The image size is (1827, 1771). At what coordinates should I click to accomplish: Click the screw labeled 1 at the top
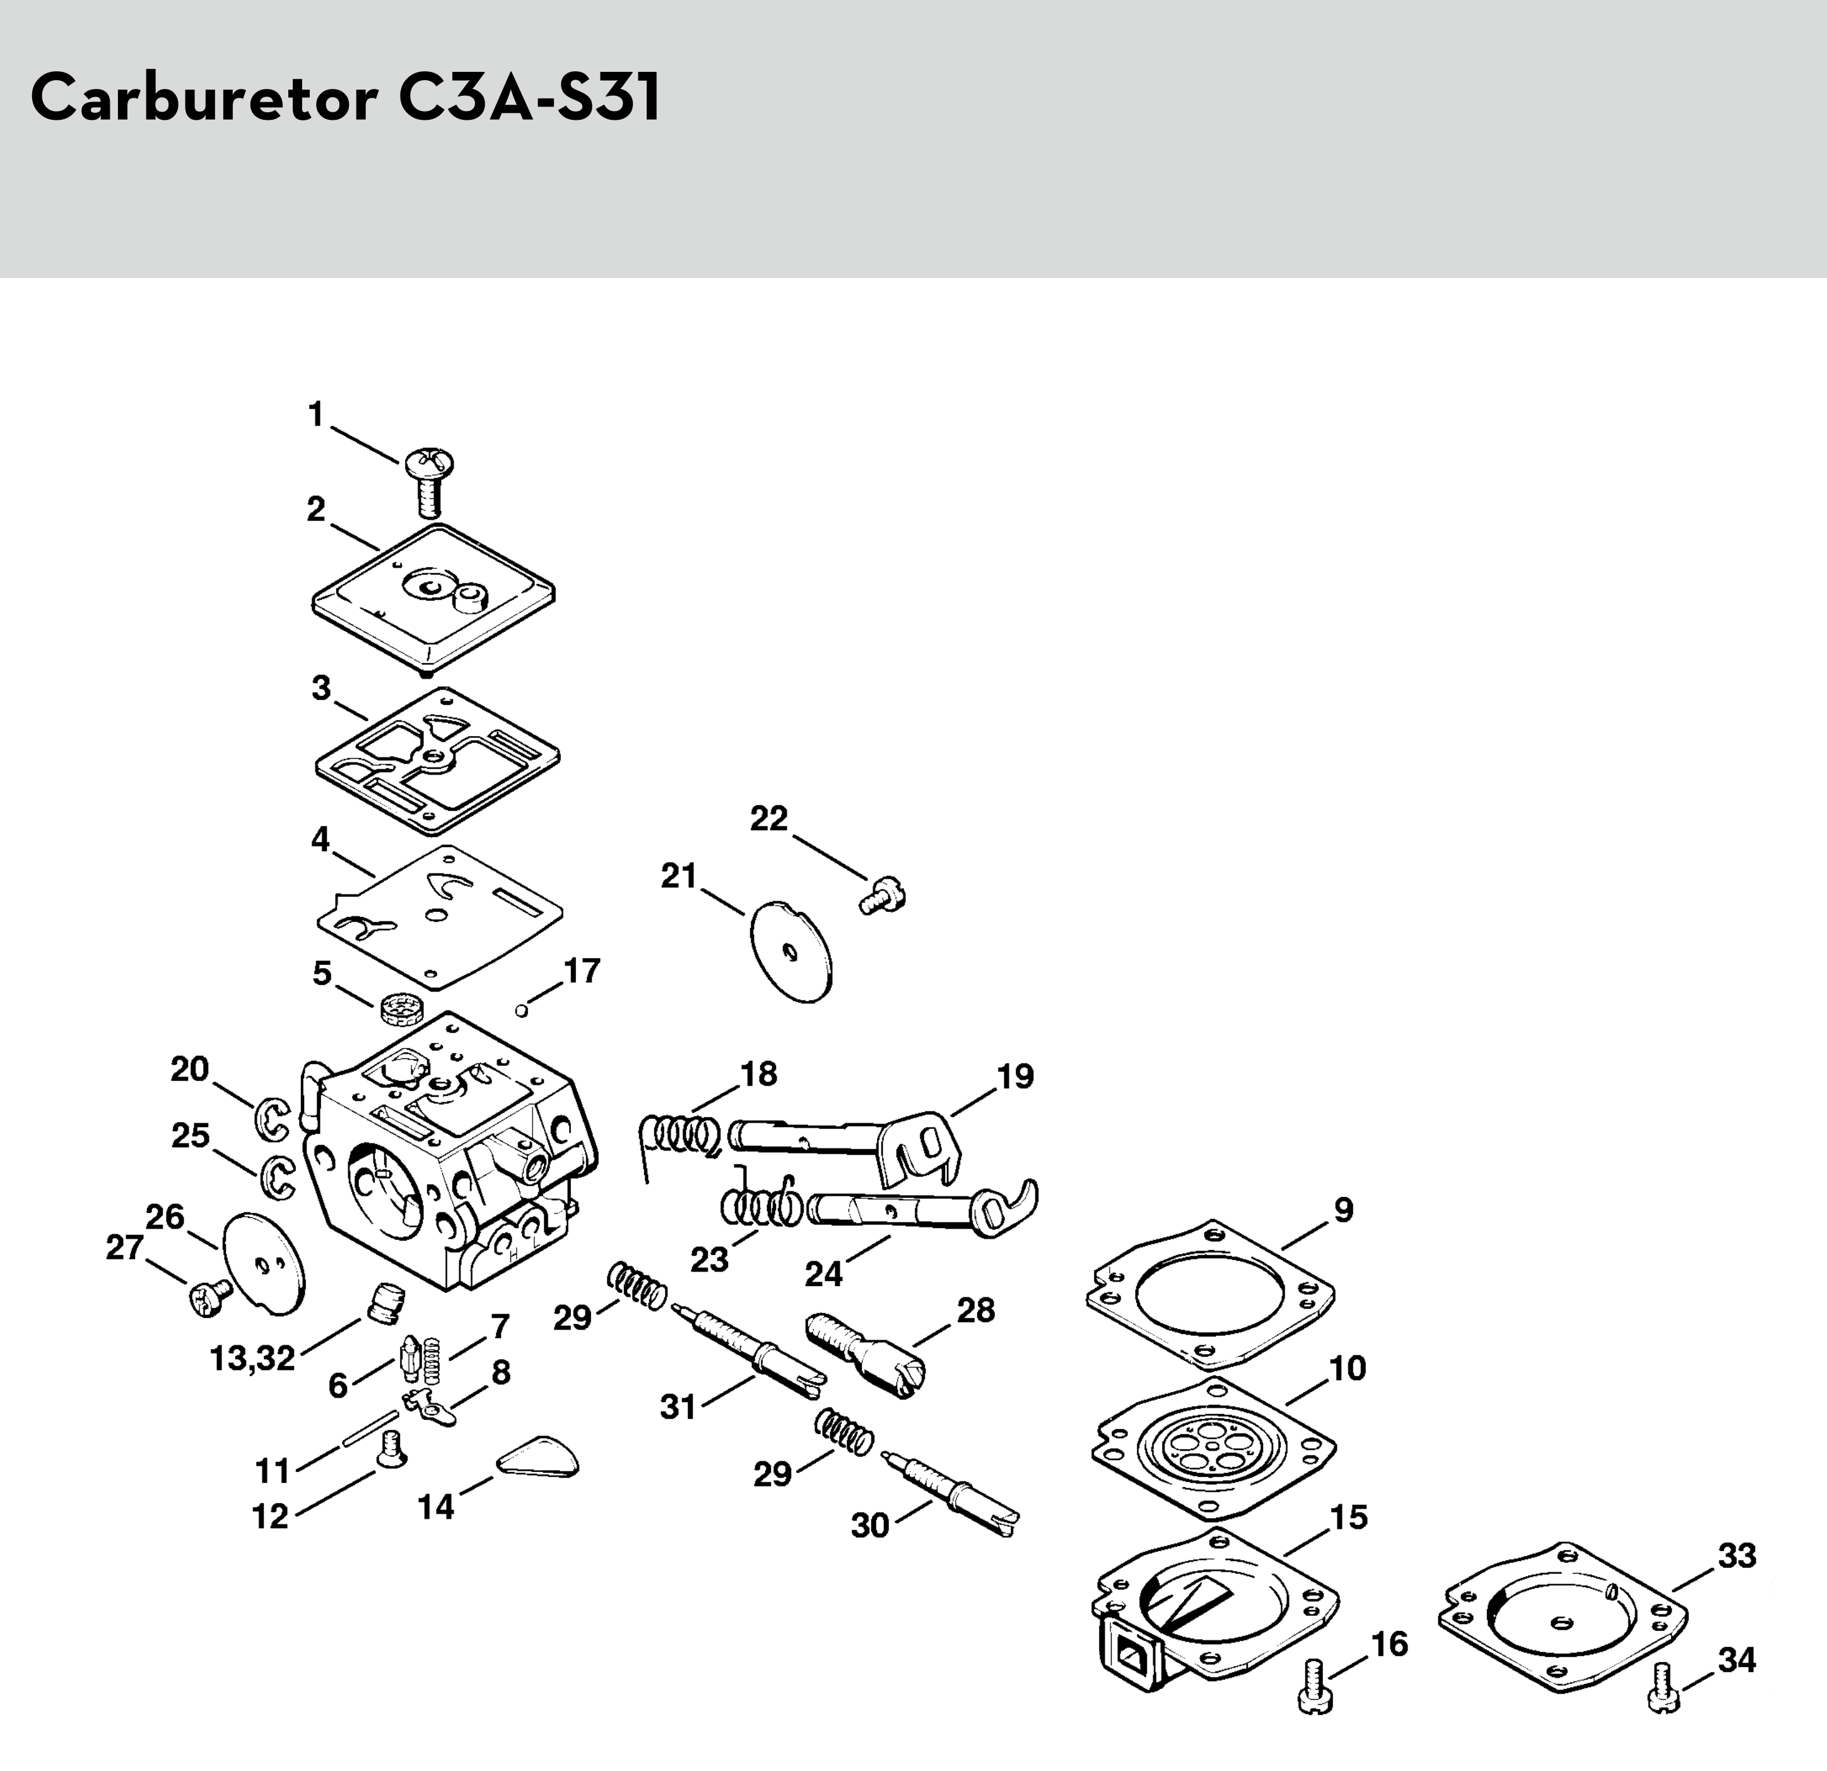(430, 481)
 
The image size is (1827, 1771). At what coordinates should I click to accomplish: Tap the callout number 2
(317, 509)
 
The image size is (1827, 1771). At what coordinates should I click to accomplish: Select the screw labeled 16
(1314, 1685)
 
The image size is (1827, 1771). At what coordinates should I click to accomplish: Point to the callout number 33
(1737, 1556)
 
